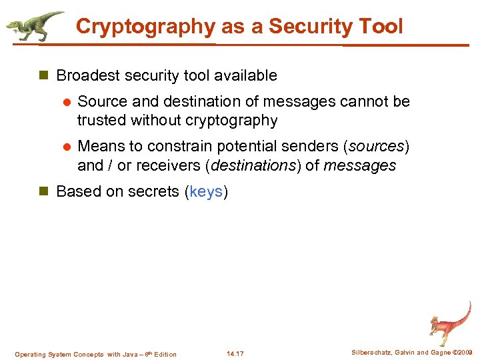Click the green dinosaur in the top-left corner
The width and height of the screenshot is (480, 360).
pos(33,26)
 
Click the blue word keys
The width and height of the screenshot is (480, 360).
pos(206,192)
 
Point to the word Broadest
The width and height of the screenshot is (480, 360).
pos(86,76)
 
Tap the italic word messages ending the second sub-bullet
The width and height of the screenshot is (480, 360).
pos(360,165)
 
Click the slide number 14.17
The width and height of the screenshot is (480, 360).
pos(235,354)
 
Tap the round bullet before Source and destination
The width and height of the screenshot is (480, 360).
pos(66,102)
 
